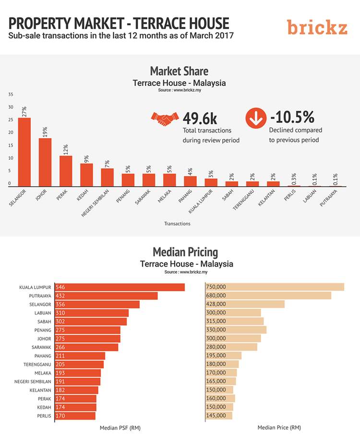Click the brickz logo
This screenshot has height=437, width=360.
click(x=317, y=27)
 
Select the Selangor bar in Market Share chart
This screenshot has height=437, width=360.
click(x=24, y=152)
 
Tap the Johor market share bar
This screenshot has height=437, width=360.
click(x=45, y=162)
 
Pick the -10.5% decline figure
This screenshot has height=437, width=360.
click(x=292, y=117)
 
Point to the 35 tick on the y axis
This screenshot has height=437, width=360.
click(x=10, y=94)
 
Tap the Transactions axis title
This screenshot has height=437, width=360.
click(x=177, y=224)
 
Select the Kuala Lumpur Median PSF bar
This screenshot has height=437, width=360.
click(x=120, y=287)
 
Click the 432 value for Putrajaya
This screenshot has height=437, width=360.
click(x=60, y=296)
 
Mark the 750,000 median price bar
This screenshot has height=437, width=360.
click(x=275, y=287)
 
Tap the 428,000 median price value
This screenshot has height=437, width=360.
click(x=216, y=305)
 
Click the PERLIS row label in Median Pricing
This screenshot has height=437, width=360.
click(x=44, y=416)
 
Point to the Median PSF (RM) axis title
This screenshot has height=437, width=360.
click(x=120, y=427)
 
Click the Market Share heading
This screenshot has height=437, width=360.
click(x=179, y=71)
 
